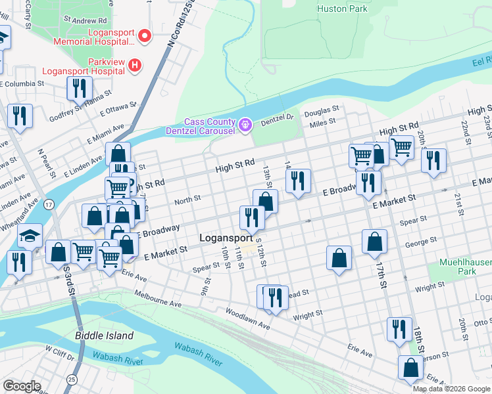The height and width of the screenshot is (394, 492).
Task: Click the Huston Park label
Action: coord(342,9)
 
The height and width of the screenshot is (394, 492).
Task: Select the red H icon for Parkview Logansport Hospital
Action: coord(135,64)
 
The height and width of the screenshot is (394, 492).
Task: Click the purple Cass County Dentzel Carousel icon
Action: coord(245,124)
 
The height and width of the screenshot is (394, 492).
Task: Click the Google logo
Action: coord(22,385)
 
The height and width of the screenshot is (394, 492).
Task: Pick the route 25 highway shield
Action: coord(70,380)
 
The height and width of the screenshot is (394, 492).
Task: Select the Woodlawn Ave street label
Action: coord(247,318)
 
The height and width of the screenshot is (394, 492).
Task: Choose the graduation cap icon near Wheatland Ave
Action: coord(29,235)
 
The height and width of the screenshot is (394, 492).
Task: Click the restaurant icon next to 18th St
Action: coord(399,328)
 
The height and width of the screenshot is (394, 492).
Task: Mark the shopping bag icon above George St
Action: coord(374,241)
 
